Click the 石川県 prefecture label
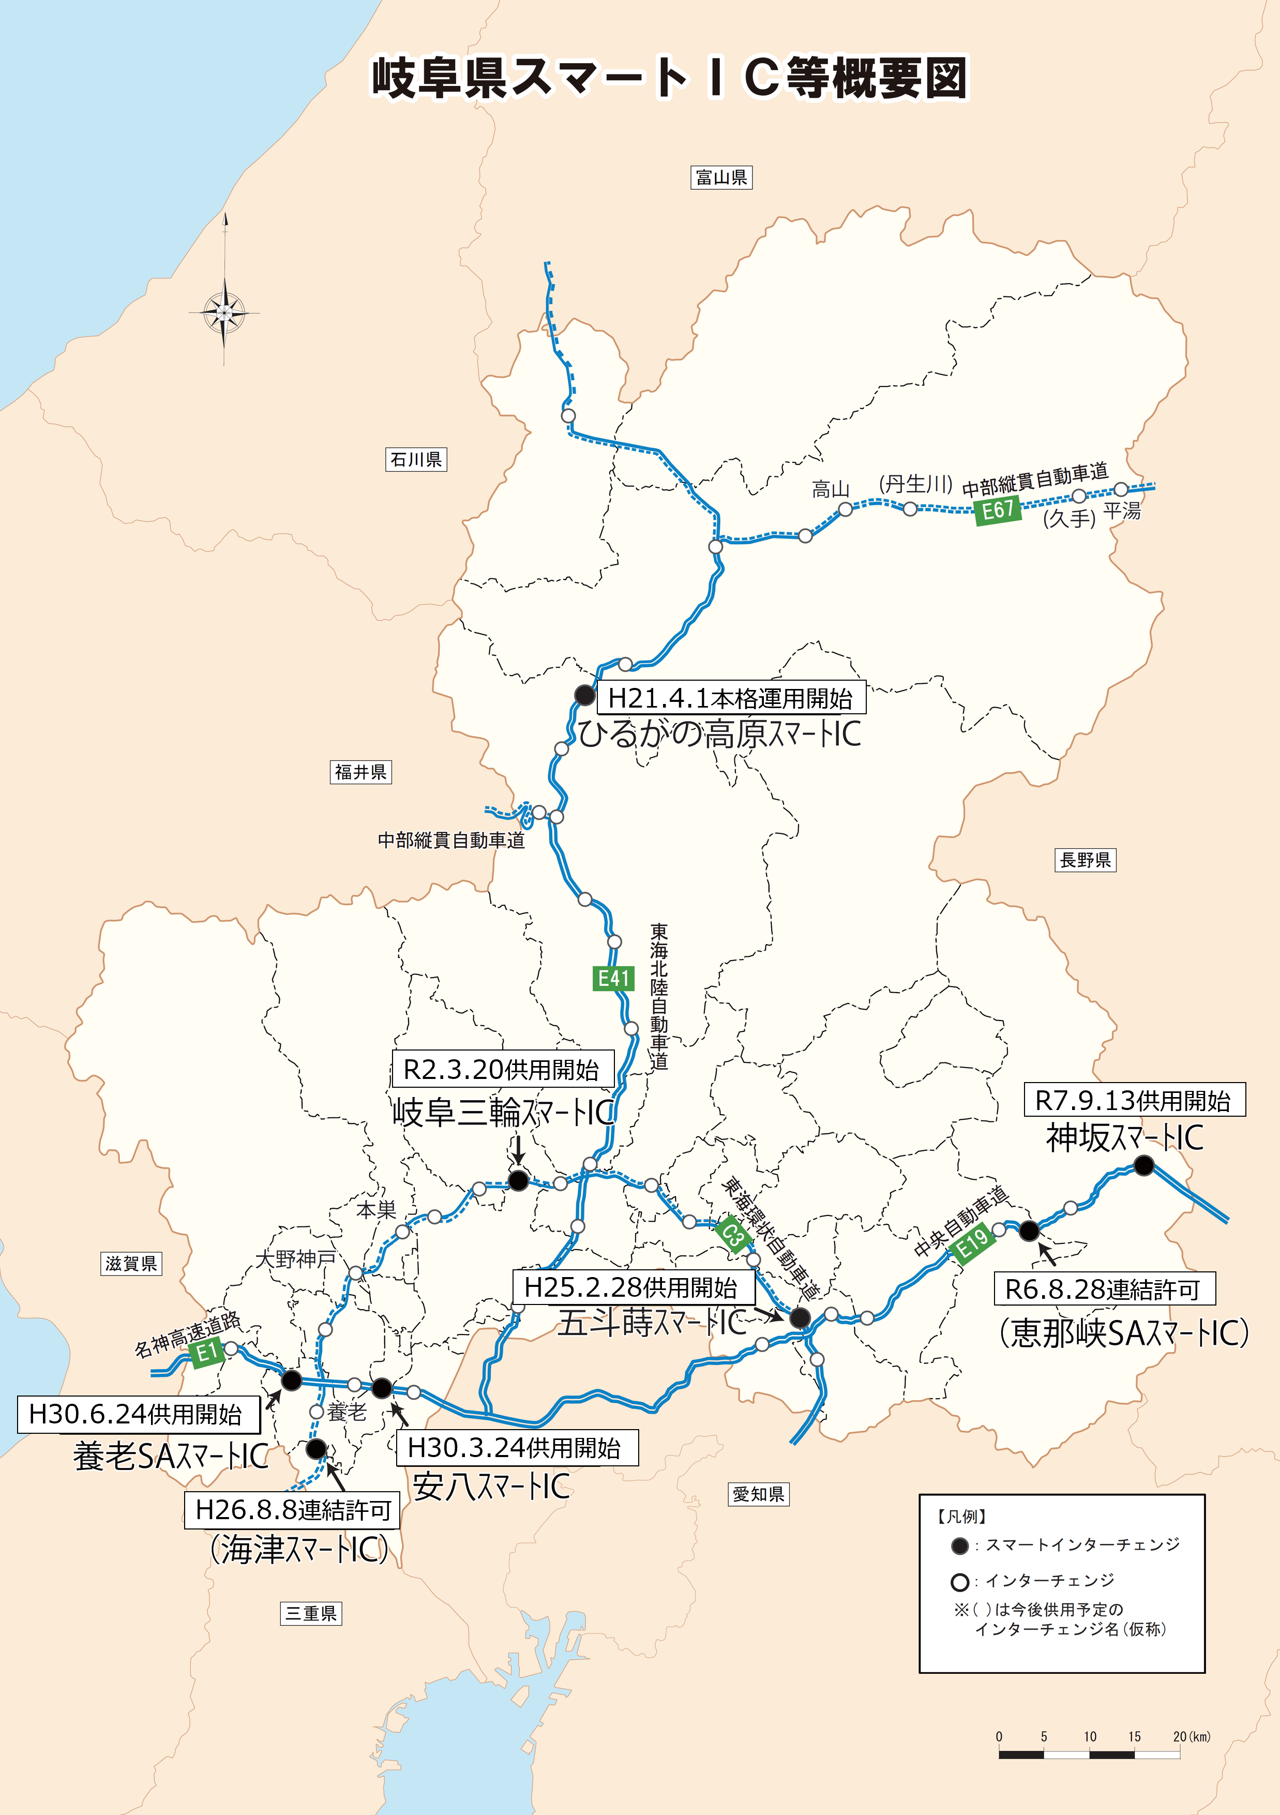[416, 459]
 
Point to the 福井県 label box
[360, 772]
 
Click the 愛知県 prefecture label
[758, 1494]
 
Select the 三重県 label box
[311, 1613]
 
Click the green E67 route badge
[998, 510]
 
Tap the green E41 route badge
[613, 979]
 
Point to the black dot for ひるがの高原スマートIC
[584, 695]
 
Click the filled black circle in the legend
[960, 1546]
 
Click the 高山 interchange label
[830, 489]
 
